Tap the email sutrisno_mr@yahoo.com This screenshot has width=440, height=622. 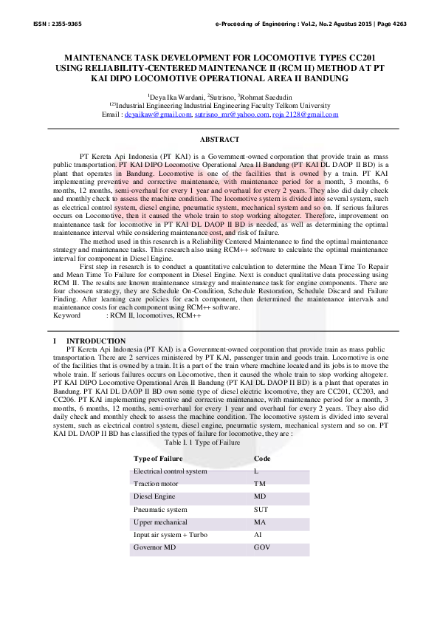[231, 115]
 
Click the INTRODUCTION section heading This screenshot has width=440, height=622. [93, 341]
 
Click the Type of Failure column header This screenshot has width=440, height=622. [158, 458]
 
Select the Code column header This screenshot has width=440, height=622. [262, 458]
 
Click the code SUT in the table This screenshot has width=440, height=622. [261, 509]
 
